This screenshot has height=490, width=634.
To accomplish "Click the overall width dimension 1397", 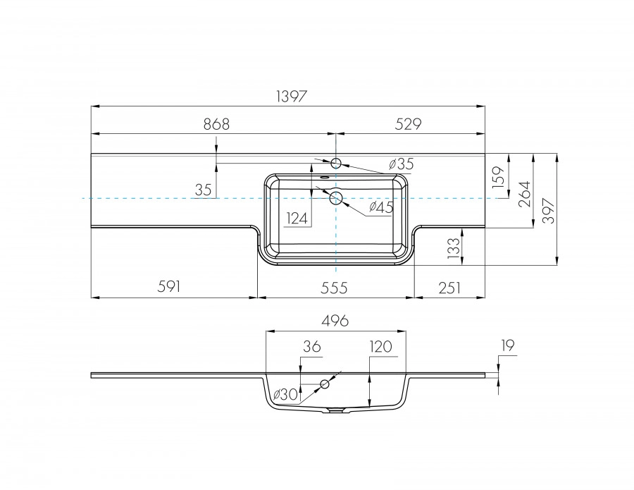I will pyautogui.click(x=288, y=97).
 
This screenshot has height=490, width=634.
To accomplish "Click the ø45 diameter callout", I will pyautogui.click(x=381, y=207).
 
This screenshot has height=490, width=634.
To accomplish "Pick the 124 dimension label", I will pyautogui.click(x=297, y=219).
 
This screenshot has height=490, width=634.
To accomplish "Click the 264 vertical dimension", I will pyautogui.click(x=525, y=191).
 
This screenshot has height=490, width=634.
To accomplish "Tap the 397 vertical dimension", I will pyautogui.click(x=549, y=209).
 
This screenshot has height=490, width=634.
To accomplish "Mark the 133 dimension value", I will pyautogui.click(x=454, y=247).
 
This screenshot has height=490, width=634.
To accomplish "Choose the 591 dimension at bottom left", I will pyautogui.click(x=170, y=286).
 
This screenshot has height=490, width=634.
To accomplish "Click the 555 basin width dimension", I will pyautogui.click(x=335, y=286).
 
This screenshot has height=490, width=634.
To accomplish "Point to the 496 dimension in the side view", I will pyautogui.click(x=335, y=321).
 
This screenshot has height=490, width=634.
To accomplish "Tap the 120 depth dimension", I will pyautogui.click(x=380, y=346).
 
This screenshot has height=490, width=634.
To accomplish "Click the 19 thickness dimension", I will pyautogui.click(x=509, y=345).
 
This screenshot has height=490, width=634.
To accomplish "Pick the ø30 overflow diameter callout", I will pyautogui.click(x=285, y=393).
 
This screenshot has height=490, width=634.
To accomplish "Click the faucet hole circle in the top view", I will pyautogui.click(x=336, y=164).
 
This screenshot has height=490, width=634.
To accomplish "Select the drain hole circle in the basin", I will pyautogui.click(x=336, y=198).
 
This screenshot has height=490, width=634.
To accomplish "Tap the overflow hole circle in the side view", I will pyautogui.click(x=325, y=384).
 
